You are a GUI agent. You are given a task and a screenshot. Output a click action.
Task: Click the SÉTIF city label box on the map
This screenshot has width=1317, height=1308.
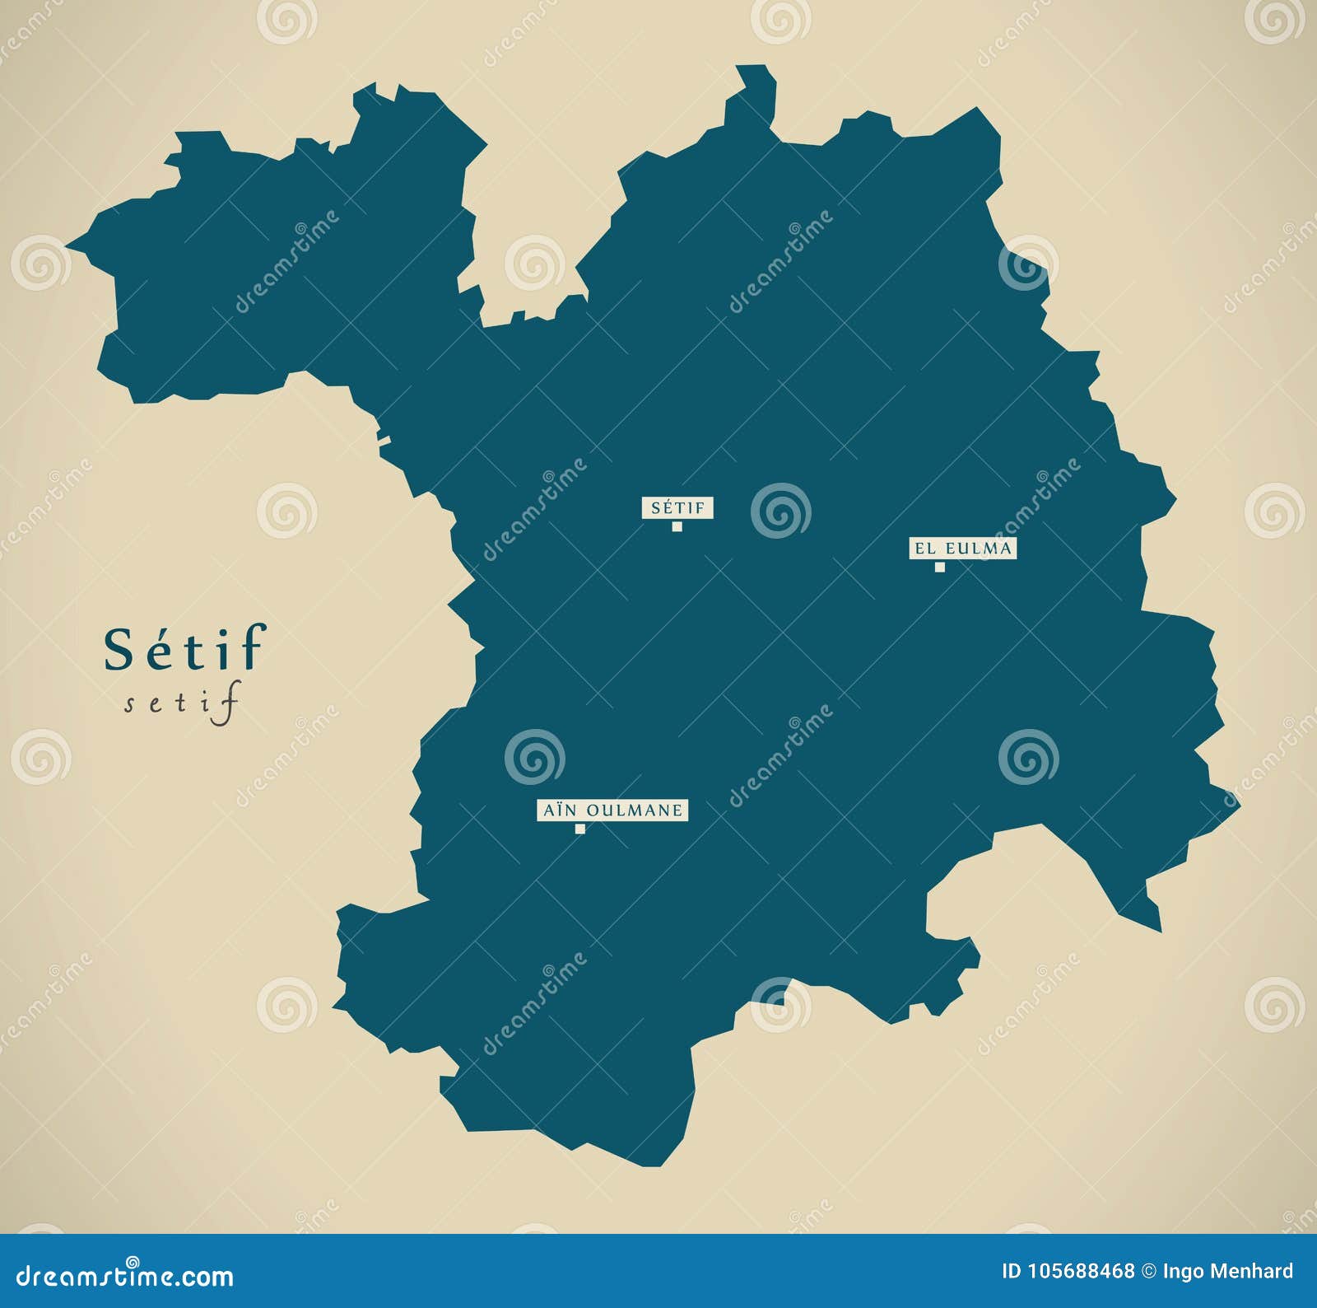coord(677,508)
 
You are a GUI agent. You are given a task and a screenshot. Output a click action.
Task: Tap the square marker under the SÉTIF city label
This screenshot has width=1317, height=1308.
coord(677,527)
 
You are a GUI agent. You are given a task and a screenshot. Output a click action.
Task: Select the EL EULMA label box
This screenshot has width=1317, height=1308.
coord(962,548)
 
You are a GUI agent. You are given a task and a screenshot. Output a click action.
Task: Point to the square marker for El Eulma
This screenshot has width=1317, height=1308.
coord(939,567)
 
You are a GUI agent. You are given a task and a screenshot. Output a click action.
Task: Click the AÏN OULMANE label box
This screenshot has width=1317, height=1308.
coord(612,810)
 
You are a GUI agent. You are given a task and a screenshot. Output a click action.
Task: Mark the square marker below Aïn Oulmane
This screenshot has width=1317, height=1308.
coord(580,829)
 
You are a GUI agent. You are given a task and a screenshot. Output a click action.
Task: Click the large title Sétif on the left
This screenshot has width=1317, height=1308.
coord(184,648)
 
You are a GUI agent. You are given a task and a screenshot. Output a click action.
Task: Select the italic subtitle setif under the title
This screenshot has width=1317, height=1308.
coord(183,706)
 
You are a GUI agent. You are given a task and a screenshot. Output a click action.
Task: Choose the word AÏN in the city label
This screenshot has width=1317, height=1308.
coord(557,810)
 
